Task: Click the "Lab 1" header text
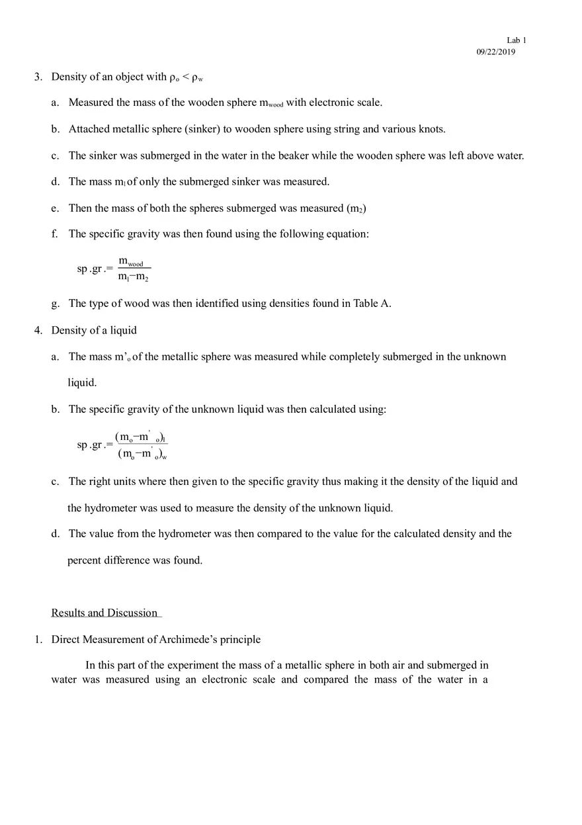pos(517,40)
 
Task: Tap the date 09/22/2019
pos(496,52)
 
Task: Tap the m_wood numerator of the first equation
pos(131,262)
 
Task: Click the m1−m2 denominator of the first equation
pos(133,277)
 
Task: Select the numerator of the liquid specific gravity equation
pos(140,437)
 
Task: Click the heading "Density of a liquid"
pos(94,330)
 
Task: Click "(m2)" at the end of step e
pos(356,208)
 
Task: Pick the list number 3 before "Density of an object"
pos(38,77)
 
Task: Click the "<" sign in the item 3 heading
pos(186,77)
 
